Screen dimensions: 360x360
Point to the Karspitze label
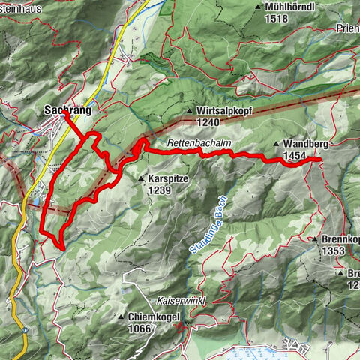tap(165, 179)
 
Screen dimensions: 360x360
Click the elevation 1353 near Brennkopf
tap(333, 250)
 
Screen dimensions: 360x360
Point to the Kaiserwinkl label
tap(181, 298)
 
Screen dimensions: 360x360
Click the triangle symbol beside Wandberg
tap(277, 145)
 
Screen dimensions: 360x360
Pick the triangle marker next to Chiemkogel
tap(120, 316)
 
